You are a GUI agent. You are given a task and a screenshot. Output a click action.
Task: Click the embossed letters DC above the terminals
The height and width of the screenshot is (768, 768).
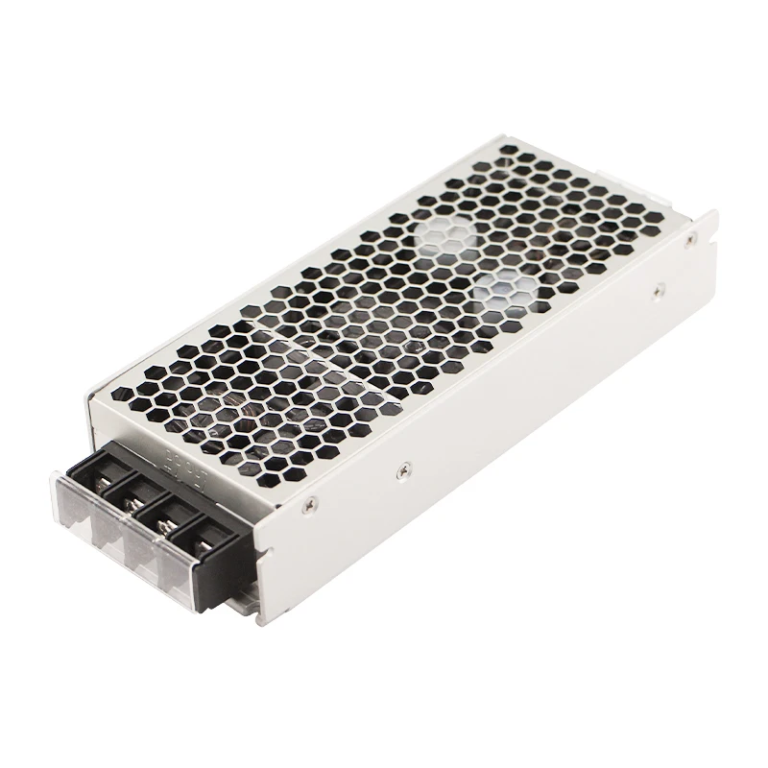175,449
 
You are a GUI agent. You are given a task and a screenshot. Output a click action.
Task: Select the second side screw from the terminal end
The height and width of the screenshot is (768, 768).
405,468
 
